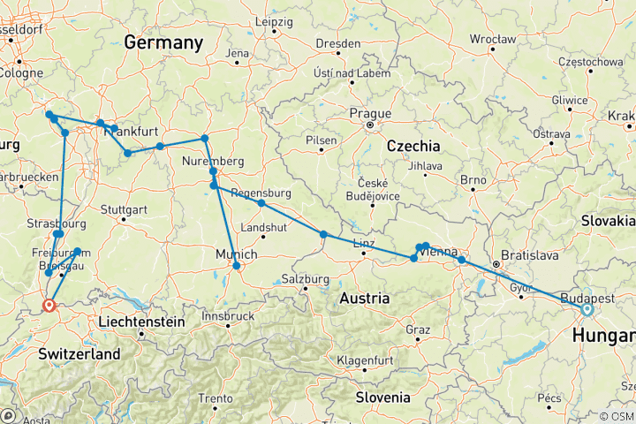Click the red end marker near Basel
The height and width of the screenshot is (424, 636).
pos(48,306)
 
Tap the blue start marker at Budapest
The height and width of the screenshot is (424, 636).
pos(587,309)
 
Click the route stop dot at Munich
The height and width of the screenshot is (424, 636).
pos(236,265)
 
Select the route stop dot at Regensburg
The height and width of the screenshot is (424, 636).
pos(261,203)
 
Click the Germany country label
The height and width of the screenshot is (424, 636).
pos(163,42)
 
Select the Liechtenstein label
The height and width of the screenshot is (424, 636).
pos(141,322)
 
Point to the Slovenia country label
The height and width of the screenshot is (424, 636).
pos(382,397)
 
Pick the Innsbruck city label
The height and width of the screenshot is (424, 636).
pos(228,315)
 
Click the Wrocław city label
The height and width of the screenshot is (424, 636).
pos(493,40)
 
